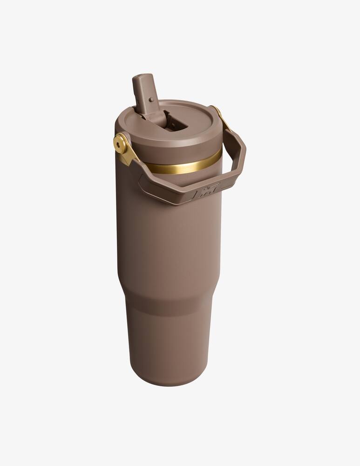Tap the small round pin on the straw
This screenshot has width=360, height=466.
pyautogui.click(x=151, y=99)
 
